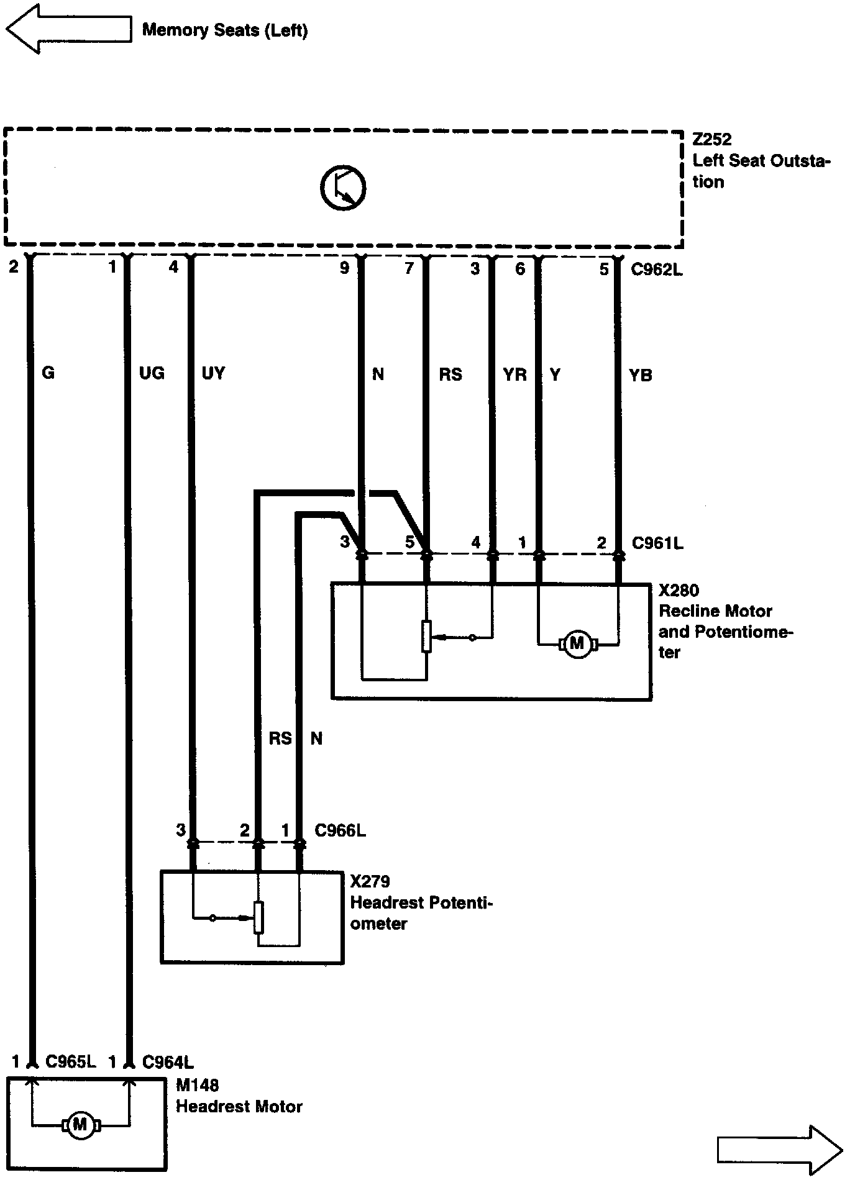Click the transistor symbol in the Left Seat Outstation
(343, 188)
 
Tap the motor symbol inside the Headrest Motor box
(80, 1124)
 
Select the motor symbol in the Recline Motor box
(578, 643)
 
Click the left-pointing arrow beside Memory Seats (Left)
(68, 29)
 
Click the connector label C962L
(657, 270)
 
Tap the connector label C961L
(657, 543)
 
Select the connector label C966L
(340, 830)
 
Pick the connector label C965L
(71, 1061)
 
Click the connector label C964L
(168, 1061)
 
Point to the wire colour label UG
(152, 373)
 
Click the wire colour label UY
(213, 373)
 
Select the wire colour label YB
(641, 375)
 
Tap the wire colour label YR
(514, 374)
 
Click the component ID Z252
(712, 139)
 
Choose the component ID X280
(679, 590)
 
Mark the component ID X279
(370, 881)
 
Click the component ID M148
(198, 1085)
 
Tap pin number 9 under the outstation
(344, 268)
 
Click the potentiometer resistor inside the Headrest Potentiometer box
(259, 917)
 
